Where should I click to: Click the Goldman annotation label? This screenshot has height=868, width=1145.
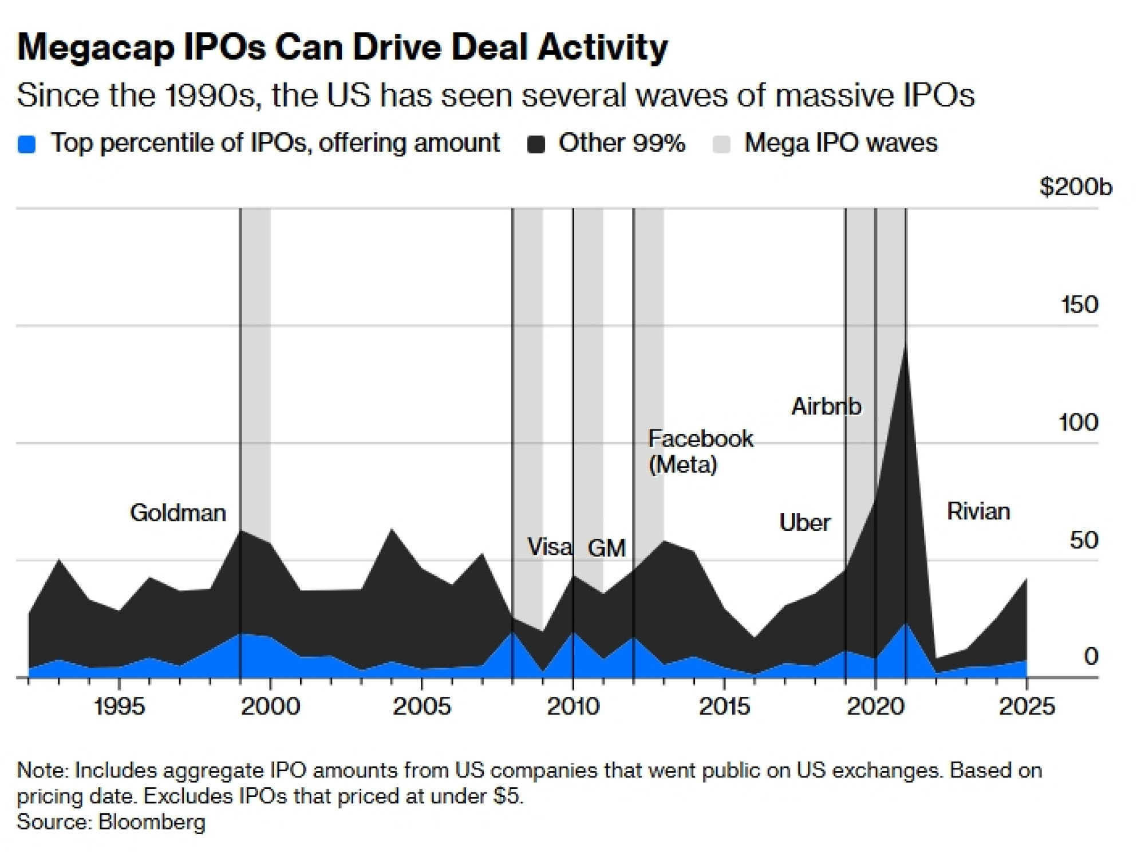pyautogui.click(x=178, y=512)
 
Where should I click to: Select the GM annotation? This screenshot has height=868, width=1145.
pyautogui.click(x=607, y=548)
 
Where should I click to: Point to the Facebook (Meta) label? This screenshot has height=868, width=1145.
pyautogui.click(x=700, y=451)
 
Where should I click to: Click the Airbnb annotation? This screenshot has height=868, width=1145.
pyautogui.click(x=826, y=407)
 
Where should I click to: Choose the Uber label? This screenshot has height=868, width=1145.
pyautogui.click(x=804, y=522)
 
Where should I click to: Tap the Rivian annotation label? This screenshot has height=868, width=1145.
pyautogui.click(x=978, y=511)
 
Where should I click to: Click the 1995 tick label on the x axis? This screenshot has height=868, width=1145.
pyautogui.click(x=119, y=707)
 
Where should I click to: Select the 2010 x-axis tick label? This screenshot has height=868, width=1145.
pyautogui.click(x=573, y=707)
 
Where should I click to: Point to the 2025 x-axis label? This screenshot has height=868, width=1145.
pyautogui.click(x=1026, y=707)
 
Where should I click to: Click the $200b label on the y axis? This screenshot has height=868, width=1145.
pyautogui.click(x=1076, y=187)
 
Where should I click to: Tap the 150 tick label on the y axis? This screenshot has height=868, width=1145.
pyautogui.click(x=1080, y=305)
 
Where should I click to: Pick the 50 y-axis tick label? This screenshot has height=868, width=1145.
pyautogui.click(x=1084, y=540)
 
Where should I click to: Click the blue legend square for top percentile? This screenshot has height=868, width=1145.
pyautogui.click(x=27, y=144)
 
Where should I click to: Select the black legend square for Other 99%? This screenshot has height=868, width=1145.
pyautogui.click(x=536, y=144)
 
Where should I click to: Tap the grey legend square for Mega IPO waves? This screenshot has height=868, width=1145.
pyautogui.click(x=722, y=144)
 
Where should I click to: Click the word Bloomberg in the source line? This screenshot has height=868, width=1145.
pyautogui.click(x=152, y=822)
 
